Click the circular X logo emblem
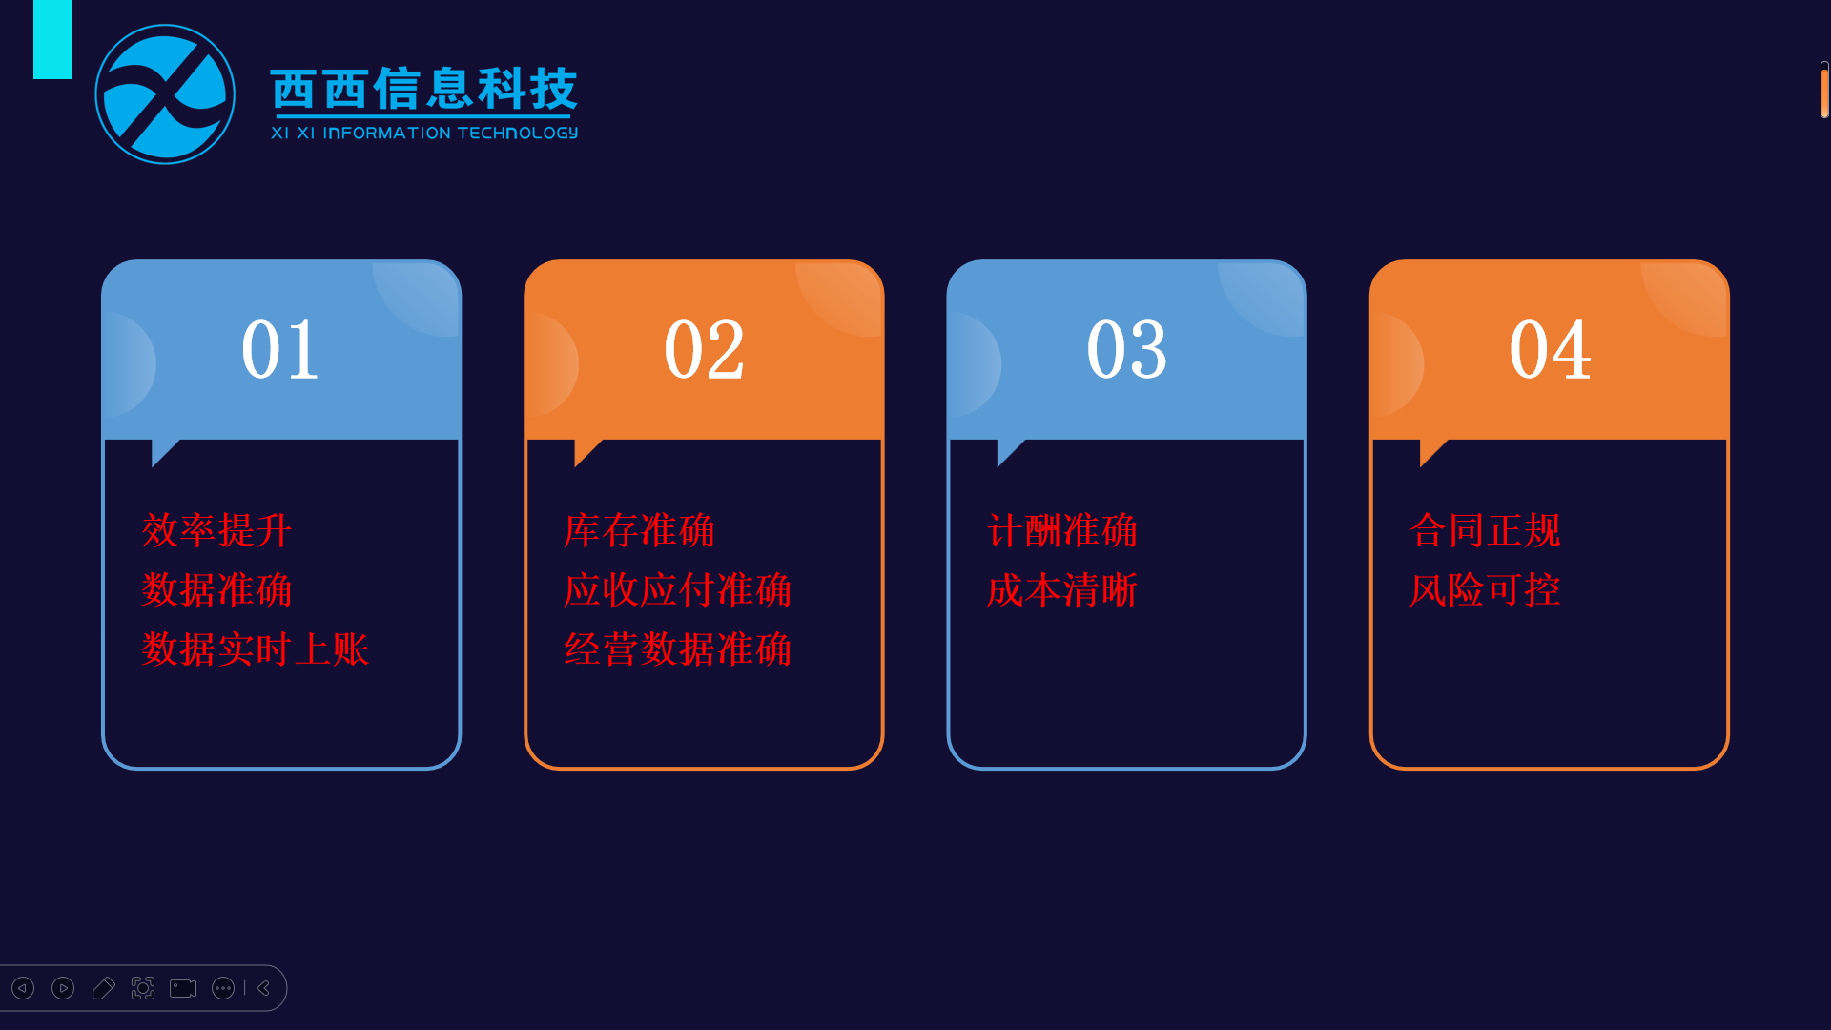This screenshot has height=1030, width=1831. click(165, 94)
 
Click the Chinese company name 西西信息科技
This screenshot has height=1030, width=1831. click(424, 89)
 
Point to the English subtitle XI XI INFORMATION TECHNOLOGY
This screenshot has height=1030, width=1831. click(424, 133)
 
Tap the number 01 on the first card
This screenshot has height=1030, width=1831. click(279, 350)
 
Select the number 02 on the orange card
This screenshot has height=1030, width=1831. click(704, 350)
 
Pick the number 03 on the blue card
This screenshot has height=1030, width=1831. click(1126, 350)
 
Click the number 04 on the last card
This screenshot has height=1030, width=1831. click(1550, 350)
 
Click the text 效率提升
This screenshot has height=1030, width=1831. click(216, 530)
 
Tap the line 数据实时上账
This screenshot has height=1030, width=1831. click(255, 649)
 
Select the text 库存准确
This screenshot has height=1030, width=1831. click(639, 530)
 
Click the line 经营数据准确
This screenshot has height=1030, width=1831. click(677, 649)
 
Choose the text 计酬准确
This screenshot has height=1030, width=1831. click(1062, 530)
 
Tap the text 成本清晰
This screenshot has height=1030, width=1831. click(1062, 590)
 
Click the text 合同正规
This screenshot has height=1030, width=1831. click(1485, 530)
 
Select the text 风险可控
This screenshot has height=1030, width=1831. click(1485, 590)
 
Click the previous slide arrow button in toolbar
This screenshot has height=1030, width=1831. click(23, 988)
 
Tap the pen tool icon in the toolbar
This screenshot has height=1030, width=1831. click(103, 988)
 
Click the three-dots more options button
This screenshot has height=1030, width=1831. click(223, 988)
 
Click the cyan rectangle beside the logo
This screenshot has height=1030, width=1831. click(52, 39)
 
